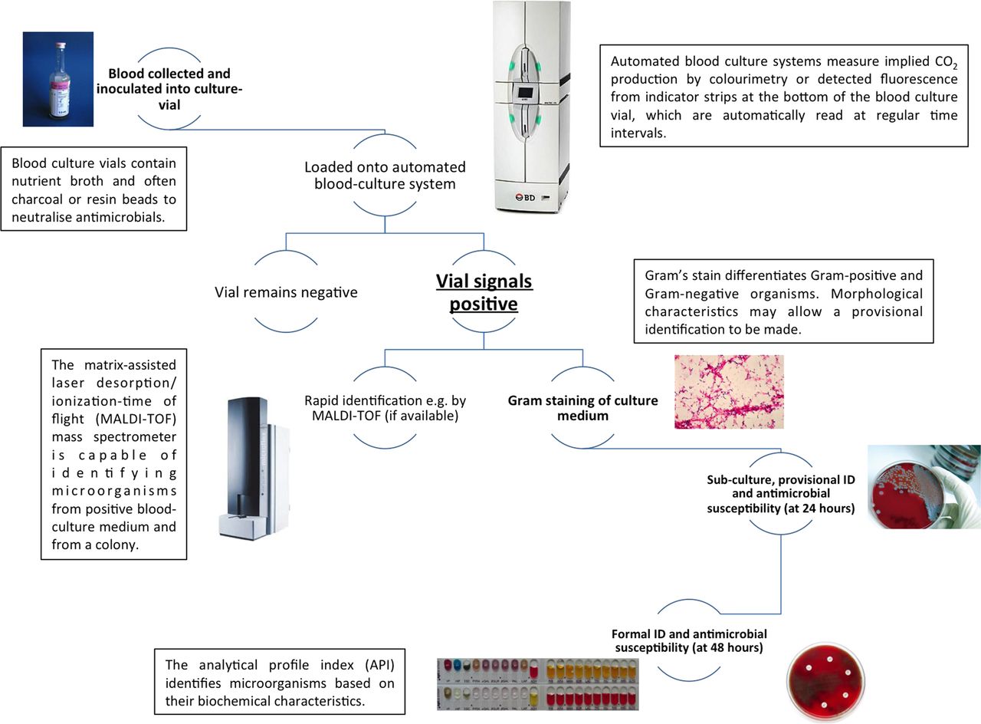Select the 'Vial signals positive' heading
click(x=484, y=292)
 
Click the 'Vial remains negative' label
click(x=286, y=292)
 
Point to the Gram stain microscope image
click(x=728, y=391)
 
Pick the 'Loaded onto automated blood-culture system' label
click(x=384, y=176)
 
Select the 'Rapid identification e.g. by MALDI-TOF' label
click(x=384, y=409)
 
